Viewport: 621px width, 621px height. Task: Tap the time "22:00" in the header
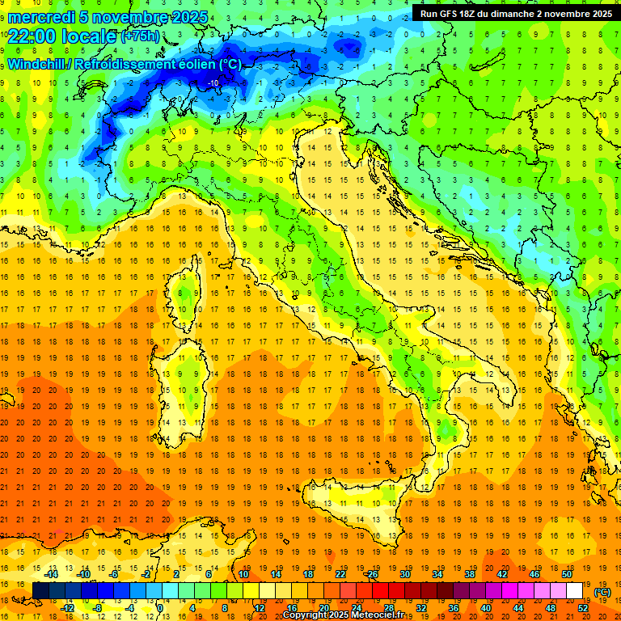pyautogui.click(x=32, y=36)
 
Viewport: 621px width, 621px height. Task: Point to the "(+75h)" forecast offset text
pyautogui.click(x=140, y=36)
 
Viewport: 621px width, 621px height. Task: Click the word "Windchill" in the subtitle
pyautogui.click(x=36, y=64)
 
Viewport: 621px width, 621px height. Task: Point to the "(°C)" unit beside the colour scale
pyautogui.click(x=602, y=592)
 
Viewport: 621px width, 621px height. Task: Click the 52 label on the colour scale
pyautogui.click(x=583, y=608)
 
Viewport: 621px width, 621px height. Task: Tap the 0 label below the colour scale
pyautogui.click(x=160, y=608)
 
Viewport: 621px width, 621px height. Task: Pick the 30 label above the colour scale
pyautogui.click(x=404, y=573)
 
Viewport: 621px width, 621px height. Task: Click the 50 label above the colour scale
pyautogui.click(x=566, y=573)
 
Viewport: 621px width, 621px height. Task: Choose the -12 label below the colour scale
pyautogui.click(x=68, y=608)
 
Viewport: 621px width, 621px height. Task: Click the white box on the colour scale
pyautogui.click(x=574, y=590)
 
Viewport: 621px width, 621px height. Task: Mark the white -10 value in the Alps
pyautogui.click(x=213, y=82)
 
